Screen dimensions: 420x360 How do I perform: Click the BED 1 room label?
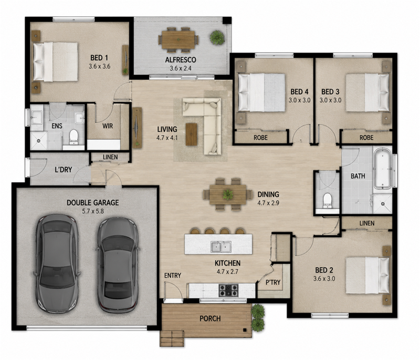tap(99, 58)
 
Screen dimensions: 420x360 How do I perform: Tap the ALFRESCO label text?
tap(181, 59)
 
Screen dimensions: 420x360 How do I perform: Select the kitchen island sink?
tap(221, 247)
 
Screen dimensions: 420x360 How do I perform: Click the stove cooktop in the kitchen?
tap(228, 291)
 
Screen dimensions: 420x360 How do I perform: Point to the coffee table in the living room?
tap(191, 134)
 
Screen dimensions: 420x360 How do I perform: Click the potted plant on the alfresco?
tap(217, 37)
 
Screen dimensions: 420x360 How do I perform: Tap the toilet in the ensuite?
tap(73, 137)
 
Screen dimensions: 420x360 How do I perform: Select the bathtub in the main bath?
tap(383, 168)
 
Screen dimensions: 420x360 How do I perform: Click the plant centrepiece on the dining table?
tap(228, 194)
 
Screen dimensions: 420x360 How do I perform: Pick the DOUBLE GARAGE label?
tap(93, 203)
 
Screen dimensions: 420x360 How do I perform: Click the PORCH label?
tap(211, 318)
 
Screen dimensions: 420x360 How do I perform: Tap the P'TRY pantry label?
tap(273, 282)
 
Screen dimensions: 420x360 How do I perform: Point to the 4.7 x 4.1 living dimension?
tap(167, 138)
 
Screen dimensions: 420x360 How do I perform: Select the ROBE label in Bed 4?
tap(260, 138)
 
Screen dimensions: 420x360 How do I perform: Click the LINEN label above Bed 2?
tap(367, 223)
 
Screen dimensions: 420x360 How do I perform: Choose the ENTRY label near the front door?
tap(173, 275)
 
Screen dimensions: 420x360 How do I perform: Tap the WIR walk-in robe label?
tap(108, 126)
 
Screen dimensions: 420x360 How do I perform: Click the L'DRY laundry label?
tap(63, 169)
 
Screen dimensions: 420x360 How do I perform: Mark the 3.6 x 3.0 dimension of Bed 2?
tap(324, 279)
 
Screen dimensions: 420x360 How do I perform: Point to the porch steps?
tap(172, 338)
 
